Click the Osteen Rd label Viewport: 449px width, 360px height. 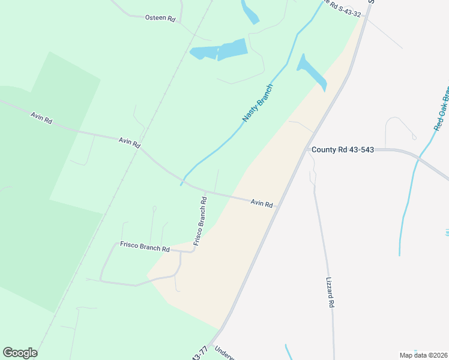coord(160,18)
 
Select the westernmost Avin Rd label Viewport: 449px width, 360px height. coord(41,117)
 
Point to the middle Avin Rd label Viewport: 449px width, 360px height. coord(129,142)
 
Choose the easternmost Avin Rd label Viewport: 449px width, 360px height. coord(262,204)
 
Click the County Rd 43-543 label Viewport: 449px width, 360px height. coord(342,149)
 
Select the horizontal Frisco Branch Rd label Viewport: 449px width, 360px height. coord(145,245)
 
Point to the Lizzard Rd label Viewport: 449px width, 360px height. coord(330,292)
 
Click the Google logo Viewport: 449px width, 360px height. coord(20,353)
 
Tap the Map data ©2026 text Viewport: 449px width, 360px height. coord(423,355)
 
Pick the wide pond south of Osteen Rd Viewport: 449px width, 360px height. coord(220,50)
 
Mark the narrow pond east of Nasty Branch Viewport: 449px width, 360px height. coord(312,72)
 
